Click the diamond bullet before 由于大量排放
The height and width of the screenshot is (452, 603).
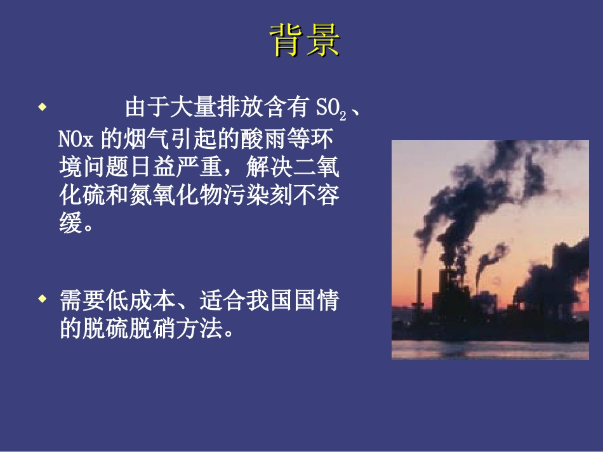42,107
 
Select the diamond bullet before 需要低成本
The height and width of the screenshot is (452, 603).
42,297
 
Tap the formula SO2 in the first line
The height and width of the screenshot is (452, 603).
331,108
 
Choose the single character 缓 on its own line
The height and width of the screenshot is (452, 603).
71,224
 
